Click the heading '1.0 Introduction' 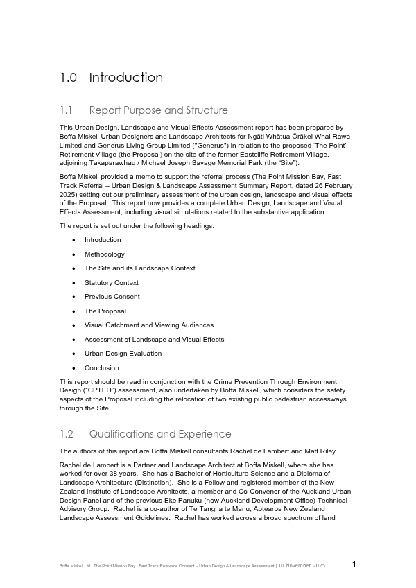click(x=112, y=78)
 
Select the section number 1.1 click(x=67, y=110)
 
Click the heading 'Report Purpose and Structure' click(x=158, y=110)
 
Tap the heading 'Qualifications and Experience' click(x=160, y=434)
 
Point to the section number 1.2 click(x=67, y=434)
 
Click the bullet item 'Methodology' click(x=105, y=254)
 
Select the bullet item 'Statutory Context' click(x=112, y=283)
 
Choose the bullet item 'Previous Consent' click(x=112, y=297)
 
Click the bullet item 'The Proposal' click(x=105, y=311)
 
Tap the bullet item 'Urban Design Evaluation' click(x=123, y=354)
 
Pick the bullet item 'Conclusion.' click(x=103, y=368)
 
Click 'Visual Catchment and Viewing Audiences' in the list click(x=149, y=325)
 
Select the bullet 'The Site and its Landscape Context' click(x=140, y=268)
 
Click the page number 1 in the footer click(x=354, y=564)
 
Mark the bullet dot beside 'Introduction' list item click(x=74, y=241)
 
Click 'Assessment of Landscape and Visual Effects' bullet click(x=154, y=340)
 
